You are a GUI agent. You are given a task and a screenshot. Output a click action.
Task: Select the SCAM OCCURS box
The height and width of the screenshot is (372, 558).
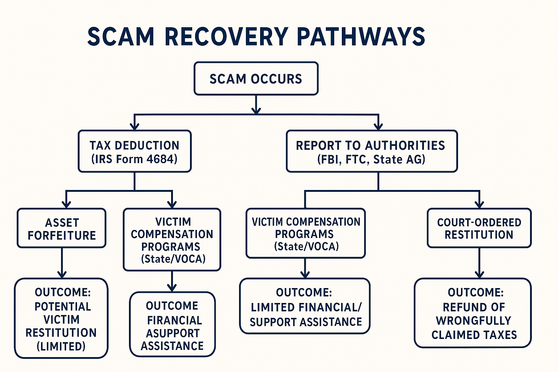coord(256,79)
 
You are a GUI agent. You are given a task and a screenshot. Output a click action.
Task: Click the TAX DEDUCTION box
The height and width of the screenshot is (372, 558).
coord(134,151)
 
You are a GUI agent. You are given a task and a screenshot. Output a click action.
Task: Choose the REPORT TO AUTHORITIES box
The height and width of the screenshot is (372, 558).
coord(371,151)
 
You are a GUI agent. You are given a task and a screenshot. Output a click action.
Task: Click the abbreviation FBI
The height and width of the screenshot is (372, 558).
coord(328,159)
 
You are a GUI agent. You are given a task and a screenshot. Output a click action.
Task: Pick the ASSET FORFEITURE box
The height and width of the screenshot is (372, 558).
coord(62,229)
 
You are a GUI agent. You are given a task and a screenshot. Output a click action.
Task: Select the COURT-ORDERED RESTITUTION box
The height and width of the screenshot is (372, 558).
coord(479,228)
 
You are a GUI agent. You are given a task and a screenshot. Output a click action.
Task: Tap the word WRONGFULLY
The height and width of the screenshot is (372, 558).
coord(473,321)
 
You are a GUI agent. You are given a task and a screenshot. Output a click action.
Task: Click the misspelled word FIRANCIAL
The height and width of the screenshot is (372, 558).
coord(174,320)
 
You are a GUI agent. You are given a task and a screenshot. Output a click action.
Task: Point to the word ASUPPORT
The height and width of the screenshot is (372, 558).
coord(173,333)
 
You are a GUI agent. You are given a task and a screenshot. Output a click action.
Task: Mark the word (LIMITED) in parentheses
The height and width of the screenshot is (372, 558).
coord(61,346)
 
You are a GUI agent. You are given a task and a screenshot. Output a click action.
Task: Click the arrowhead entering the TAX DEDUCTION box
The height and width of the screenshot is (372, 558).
coord(135,126)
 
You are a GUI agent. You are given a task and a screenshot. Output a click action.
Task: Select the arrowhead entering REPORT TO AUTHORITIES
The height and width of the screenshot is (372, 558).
coord(379,126)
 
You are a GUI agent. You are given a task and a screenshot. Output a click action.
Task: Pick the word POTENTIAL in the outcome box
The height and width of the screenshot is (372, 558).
coord(62,307)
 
